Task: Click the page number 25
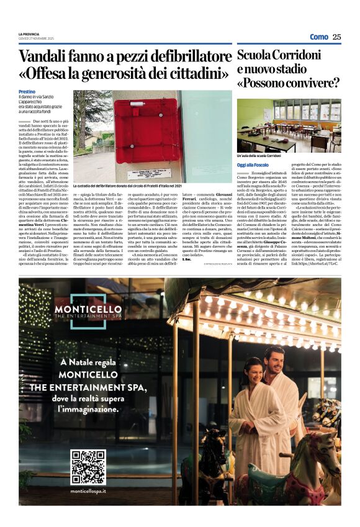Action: (x=336, y=37)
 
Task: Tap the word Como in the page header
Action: (x=318, y=37)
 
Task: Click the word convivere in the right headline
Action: (x=315, y=83)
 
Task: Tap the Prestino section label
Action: (x=27, y=92)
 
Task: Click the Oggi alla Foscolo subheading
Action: (x=253, y=164)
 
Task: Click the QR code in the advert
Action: (x=88, y=467)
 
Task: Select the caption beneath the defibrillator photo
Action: (x=127, y=186)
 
